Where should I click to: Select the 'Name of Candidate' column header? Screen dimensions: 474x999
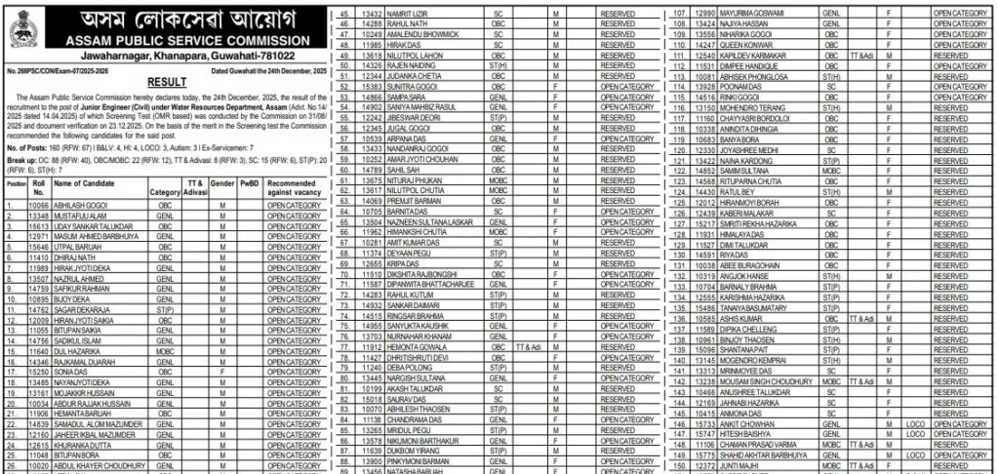(86, 183)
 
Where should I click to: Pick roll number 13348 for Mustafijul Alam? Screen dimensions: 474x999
(39, 217)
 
